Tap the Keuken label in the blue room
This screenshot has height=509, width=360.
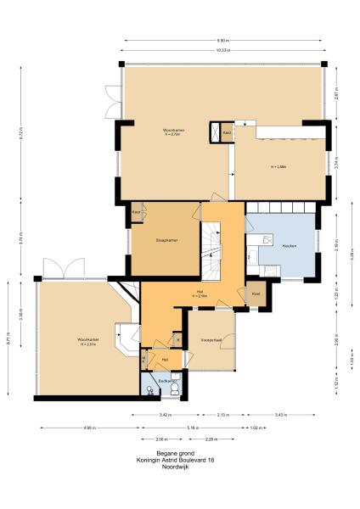[289, 244]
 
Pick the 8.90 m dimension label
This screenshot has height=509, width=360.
[222, 40]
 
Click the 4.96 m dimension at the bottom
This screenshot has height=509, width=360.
[89, 428]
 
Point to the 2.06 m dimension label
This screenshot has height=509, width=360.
[161, 439]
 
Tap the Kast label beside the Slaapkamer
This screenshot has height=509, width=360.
[136, 212]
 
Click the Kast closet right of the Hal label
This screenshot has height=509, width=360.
[256, 294]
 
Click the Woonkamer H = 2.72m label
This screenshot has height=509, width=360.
[175, 131]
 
